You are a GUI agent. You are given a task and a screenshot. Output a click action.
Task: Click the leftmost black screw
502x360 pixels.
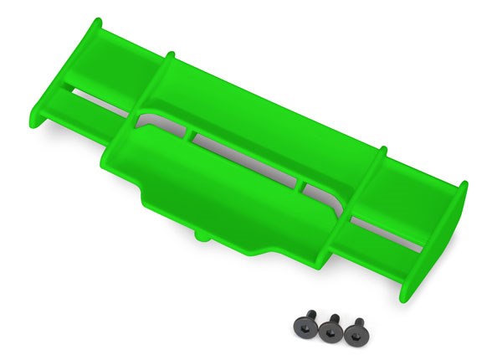pyautogui.click(x=305, y=328)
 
